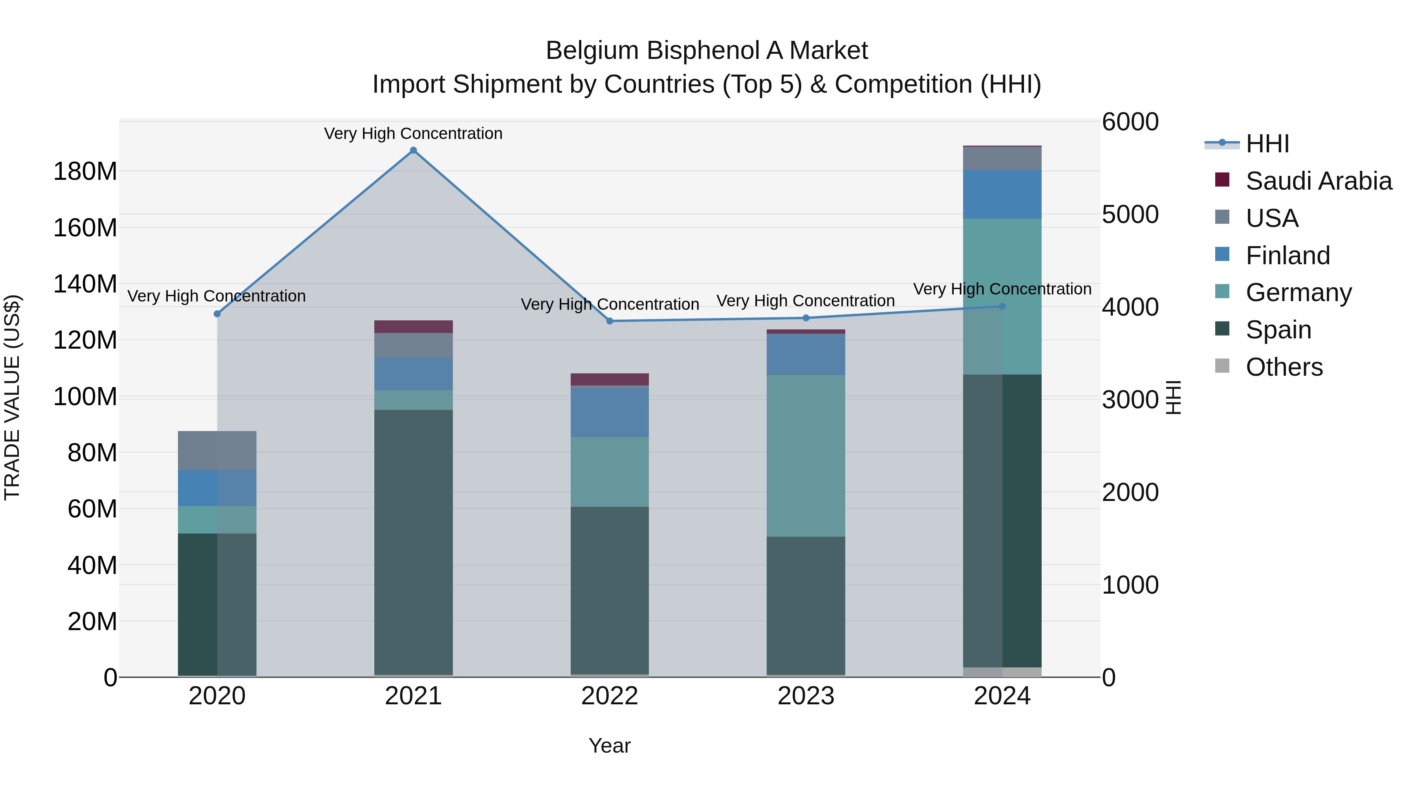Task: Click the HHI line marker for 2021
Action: tap(413, 150)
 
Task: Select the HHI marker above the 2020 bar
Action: tap(217, 314)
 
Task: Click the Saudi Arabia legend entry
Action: tap(1319, 181)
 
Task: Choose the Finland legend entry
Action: tap(1288, 256)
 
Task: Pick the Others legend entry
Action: tap(1284, 367)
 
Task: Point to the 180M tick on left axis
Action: tap(85, 172)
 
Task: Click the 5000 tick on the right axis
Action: tap(1130, 214)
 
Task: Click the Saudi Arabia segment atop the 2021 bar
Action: tap(413, 327)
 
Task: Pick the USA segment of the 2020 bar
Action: tap(217, 450)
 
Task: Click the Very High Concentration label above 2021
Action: tap(413, 133)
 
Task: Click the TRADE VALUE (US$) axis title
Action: tap(12, 397)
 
